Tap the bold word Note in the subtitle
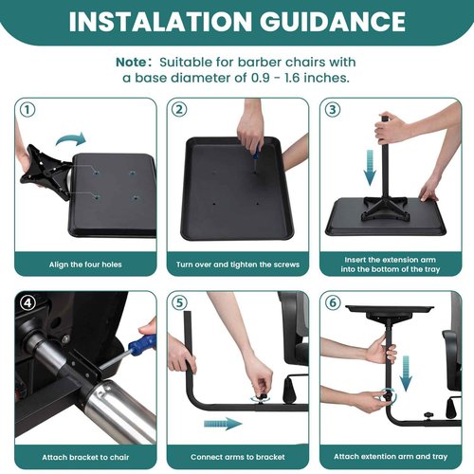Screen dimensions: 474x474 coord(133,61)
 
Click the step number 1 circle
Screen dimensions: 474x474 coord(28,109)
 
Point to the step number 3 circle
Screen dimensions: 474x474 coord(332,109)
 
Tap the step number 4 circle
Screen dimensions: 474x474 coord(28,303)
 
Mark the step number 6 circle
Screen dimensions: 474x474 coord(332,303)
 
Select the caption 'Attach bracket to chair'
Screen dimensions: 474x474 coord(83,456)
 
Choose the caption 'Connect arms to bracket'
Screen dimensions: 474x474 coord(236,456)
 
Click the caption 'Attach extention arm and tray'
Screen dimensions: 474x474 coord(389,456)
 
